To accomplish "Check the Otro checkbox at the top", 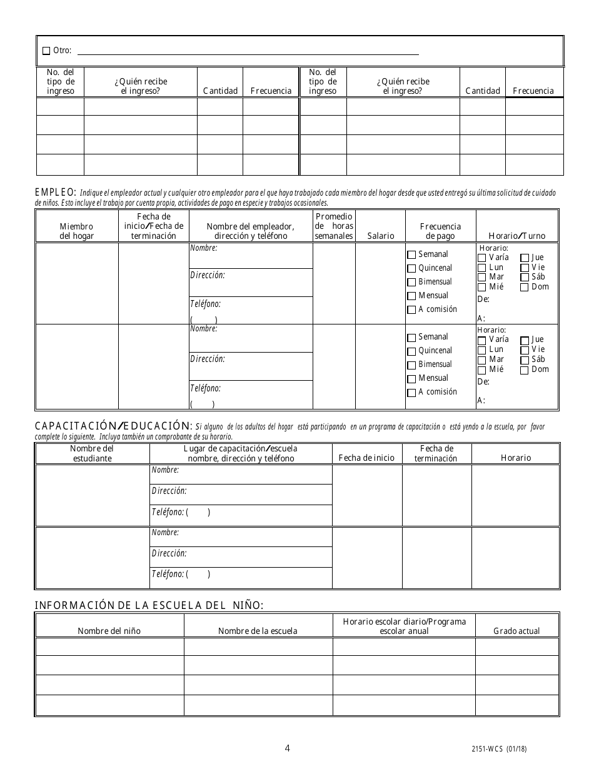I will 46,51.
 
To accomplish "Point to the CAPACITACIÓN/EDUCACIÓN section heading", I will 112,426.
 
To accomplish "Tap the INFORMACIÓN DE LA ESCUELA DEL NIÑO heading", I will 149,605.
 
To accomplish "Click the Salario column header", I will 381,236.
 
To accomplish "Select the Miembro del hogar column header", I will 76,231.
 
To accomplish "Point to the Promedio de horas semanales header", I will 334,226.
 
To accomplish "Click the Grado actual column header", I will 516,631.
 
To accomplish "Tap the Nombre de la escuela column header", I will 258,631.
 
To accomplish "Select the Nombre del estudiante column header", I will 91,453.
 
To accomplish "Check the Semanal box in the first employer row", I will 411,255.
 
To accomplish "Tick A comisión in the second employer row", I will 411,393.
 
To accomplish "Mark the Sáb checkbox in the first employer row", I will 525,277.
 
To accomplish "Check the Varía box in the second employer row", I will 481,340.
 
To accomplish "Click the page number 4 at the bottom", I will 287,748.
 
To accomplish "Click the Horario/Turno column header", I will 516,236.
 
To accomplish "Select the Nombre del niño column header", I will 109,631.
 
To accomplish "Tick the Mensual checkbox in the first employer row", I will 411,296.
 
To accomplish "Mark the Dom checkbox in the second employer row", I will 525,369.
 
